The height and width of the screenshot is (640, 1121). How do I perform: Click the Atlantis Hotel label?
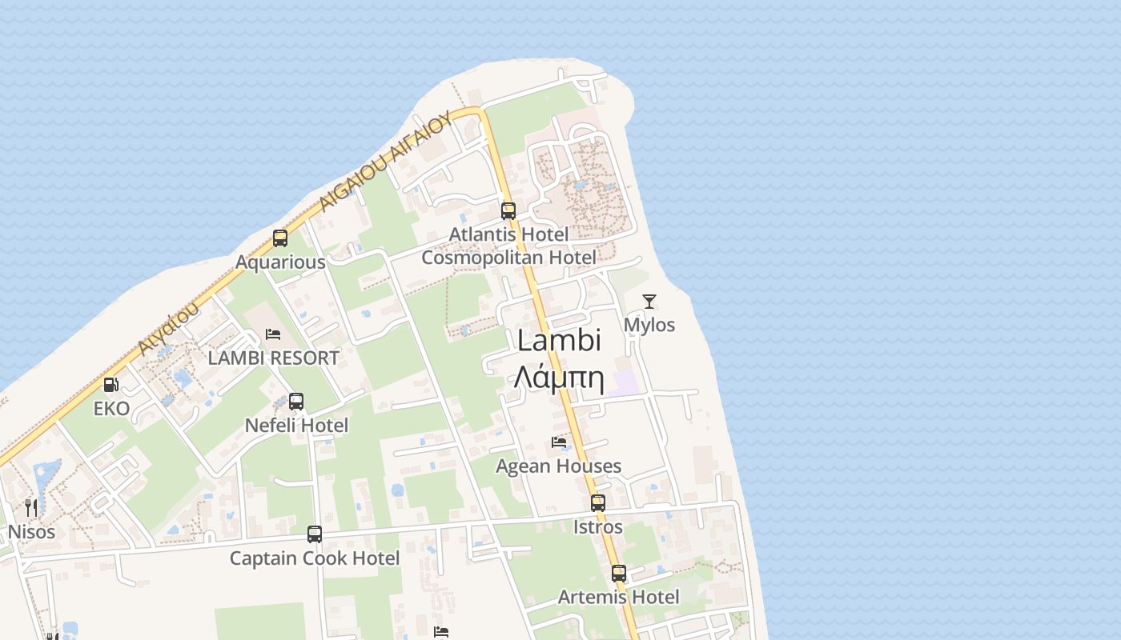[508, 234]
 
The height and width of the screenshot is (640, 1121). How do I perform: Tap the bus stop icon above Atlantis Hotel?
[508, 211]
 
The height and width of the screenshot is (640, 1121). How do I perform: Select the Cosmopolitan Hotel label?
[508, 258]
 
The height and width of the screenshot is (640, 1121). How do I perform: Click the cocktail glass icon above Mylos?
[649, 302]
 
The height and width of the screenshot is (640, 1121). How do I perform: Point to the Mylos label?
[649, 325]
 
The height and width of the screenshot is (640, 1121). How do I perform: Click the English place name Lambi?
[559, 341]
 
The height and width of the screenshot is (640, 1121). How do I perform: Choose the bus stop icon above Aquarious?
[280, 238]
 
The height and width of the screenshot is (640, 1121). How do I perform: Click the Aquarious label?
[280, 262]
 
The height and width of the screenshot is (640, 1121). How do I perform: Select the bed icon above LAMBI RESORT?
[273, 334]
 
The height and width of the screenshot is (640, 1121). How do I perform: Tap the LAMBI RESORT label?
[274, 358]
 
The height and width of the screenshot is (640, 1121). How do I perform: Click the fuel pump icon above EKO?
[111, 385]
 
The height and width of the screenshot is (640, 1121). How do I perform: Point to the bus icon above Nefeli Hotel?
[296, 402]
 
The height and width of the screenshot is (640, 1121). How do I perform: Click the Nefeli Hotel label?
[296, 426]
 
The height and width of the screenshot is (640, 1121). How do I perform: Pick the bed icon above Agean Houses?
[559, 442]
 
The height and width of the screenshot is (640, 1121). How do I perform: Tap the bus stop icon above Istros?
[598, 503]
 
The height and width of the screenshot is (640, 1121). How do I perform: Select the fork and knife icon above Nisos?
[31, 508]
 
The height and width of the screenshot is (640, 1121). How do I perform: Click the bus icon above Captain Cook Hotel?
[315, 534]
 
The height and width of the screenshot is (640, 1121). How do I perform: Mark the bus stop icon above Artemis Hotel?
[619, 574]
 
